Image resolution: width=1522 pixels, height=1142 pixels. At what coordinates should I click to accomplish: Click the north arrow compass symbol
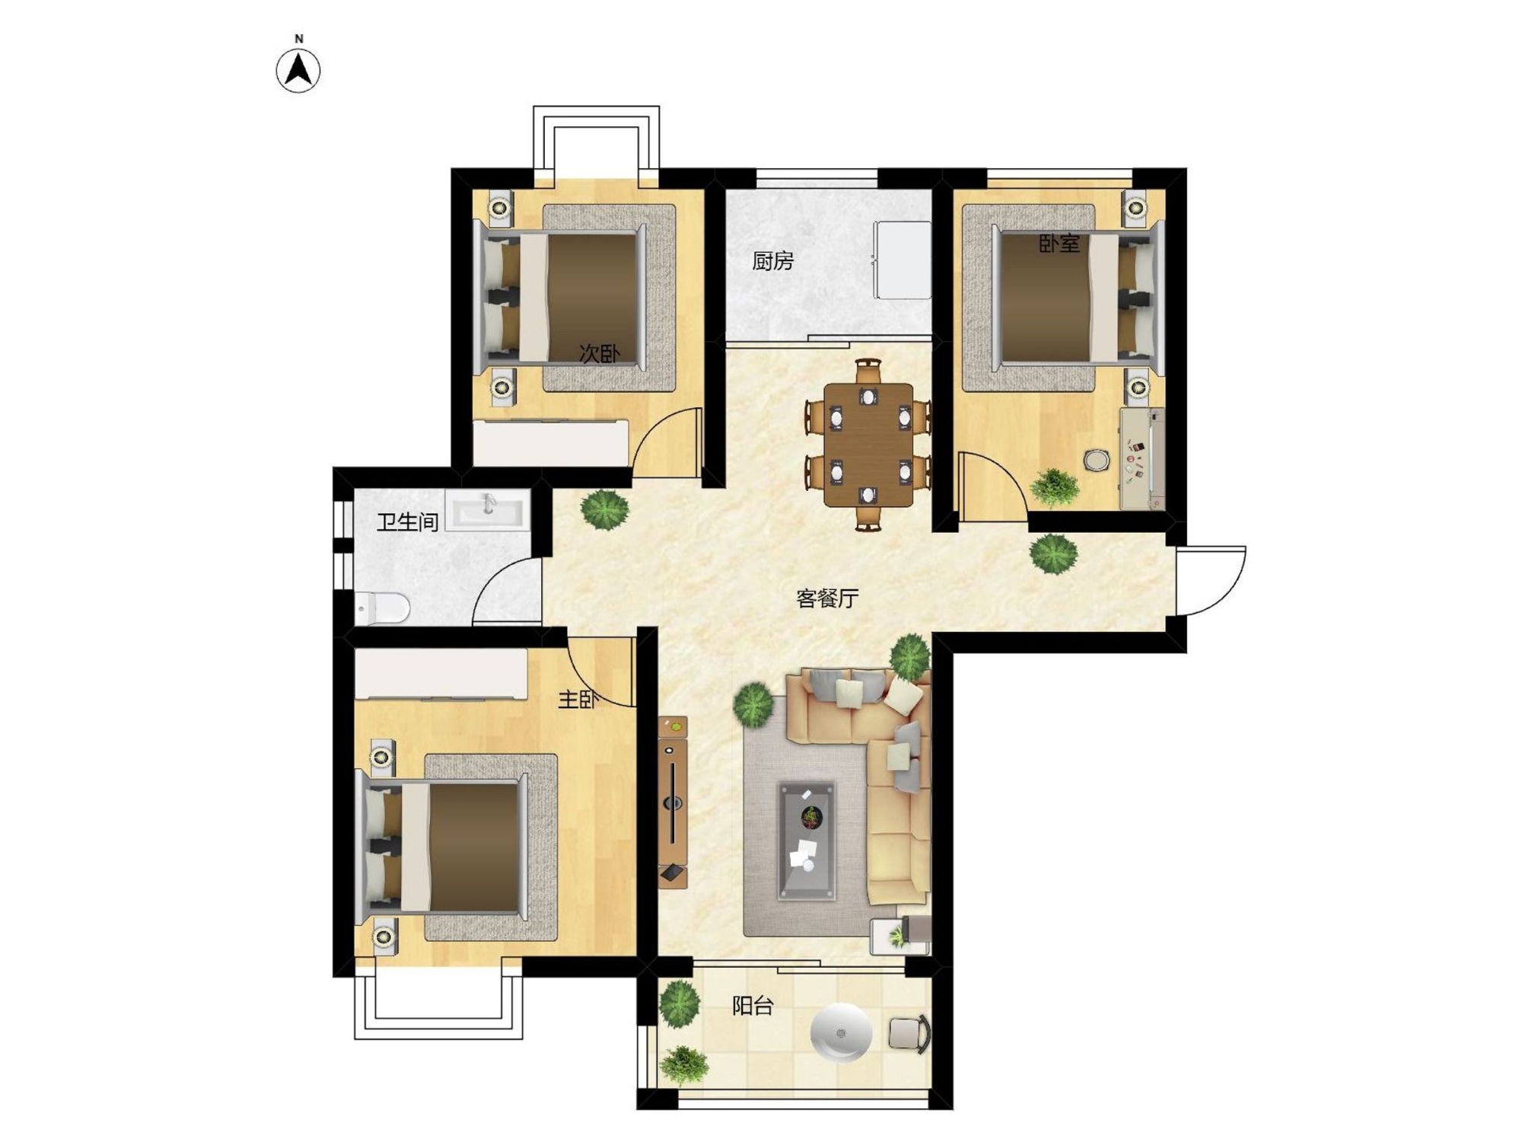[x=298, y=70]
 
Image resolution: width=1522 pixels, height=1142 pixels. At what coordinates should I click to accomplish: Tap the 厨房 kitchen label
[x=772, y=261]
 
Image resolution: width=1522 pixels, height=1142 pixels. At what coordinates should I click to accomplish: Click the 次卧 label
[x=600, y=354]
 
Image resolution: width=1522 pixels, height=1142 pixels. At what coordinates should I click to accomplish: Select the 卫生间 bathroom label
[x=408, y=522]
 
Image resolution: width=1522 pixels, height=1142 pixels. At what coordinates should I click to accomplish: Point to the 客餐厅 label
[x=827, y=598]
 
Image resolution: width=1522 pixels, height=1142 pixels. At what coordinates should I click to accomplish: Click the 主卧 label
[x=578, y=700]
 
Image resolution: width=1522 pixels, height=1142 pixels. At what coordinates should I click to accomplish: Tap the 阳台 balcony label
[x=753, y=1006]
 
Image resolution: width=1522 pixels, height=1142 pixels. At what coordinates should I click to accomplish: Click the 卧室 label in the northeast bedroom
[x=1059, y=244]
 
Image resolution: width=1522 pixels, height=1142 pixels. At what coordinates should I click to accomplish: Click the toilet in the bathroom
[x=383, y=608]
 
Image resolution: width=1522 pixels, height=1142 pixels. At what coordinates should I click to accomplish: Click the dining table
[x=868, y=445]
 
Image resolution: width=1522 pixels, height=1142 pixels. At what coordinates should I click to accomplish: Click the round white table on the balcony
[x=841, y=1032]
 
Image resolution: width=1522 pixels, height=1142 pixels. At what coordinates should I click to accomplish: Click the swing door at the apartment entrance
[x=1210, y=580]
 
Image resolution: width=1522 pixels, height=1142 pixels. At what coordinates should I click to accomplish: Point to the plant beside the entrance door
[x=1054, y=553]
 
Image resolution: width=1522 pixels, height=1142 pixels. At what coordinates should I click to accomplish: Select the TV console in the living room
[x=673, y=802]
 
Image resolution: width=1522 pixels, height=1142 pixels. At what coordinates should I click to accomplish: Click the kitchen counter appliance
[x=903, y=260]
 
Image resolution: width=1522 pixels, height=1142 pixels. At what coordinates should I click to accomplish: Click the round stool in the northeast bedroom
[x=1097, y=460]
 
